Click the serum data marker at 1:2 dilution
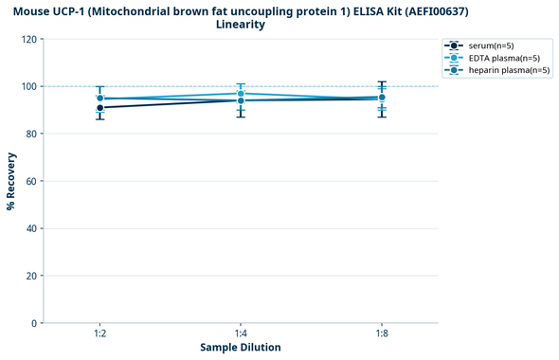(99, 108)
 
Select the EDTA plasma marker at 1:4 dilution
(241, 94)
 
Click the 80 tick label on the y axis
(31, 134)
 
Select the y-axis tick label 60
(31, 181)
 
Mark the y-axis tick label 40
(31, 228)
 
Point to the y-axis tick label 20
(31, 276)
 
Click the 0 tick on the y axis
(34, 323)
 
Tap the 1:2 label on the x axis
(99, 334)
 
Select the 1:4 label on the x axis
(241, 334)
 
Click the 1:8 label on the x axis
(381, 334)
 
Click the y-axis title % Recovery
(11, 181)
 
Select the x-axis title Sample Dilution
(241, 348)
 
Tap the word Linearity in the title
(241, 25)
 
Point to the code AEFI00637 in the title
(433, 10)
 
